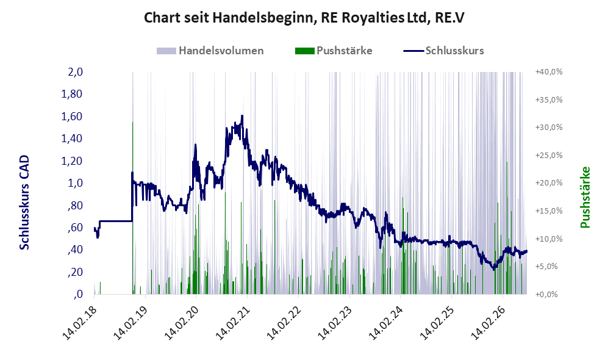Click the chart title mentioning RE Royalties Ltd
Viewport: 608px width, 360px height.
pos(304,18)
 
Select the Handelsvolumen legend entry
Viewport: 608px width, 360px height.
pos(210,51)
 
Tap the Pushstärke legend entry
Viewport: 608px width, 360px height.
pos(334,51)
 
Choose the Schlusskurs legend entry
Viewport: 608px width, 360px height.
pos(443,51)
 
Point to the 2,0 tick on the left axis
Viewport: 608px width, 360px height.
pos(75,72)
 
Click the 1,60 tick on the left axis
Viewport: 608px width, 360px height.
pos(72,117)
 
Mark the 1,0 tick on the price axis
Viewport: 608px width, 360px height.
pos(75,183)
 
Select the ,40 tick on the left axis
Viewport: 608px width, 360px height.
pos(75,250)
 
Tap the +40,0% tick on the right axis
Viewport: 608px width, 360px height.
pos(549,72)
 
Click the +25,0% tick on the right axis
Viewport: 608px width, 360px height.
pos(549,155)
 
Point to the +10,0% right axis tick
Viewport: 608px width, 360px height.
pos(549,239)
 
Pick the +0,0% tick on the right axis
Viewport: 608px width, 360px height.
pos(547,294)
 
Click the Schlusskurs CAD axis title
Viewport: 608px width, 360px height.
pos(24,203)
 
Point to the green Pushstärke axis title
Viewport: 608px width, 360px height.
pos(585,197)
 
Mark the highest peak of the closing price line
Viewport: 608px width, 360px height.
pos(242,115)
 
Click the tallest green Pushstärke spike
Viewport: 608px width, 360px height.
pos(132,208)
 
